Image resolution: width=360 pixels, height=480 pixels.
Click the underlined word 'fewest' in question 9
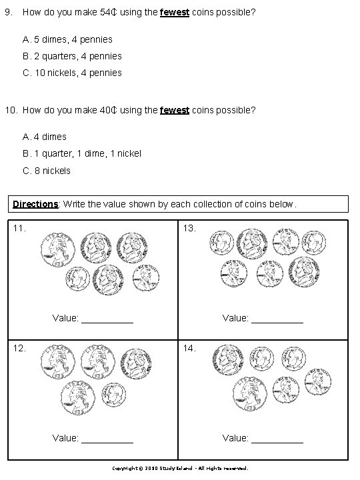175,13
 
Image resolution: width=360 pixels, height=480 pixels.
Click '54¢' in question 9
107,13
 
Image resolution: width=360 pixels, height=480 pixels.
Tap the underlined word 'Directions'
35,203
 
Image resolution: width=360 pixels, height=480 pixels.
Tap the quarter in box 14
249,398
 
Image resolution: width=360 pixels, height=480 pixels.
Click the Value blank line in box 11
107,319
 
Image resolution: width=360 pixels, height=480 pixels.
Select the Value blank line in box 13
277,319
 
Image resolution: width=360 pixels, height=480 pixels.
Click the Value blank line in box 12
107,438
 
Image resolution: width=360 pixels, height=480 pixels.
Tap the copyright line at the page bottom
180,468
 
